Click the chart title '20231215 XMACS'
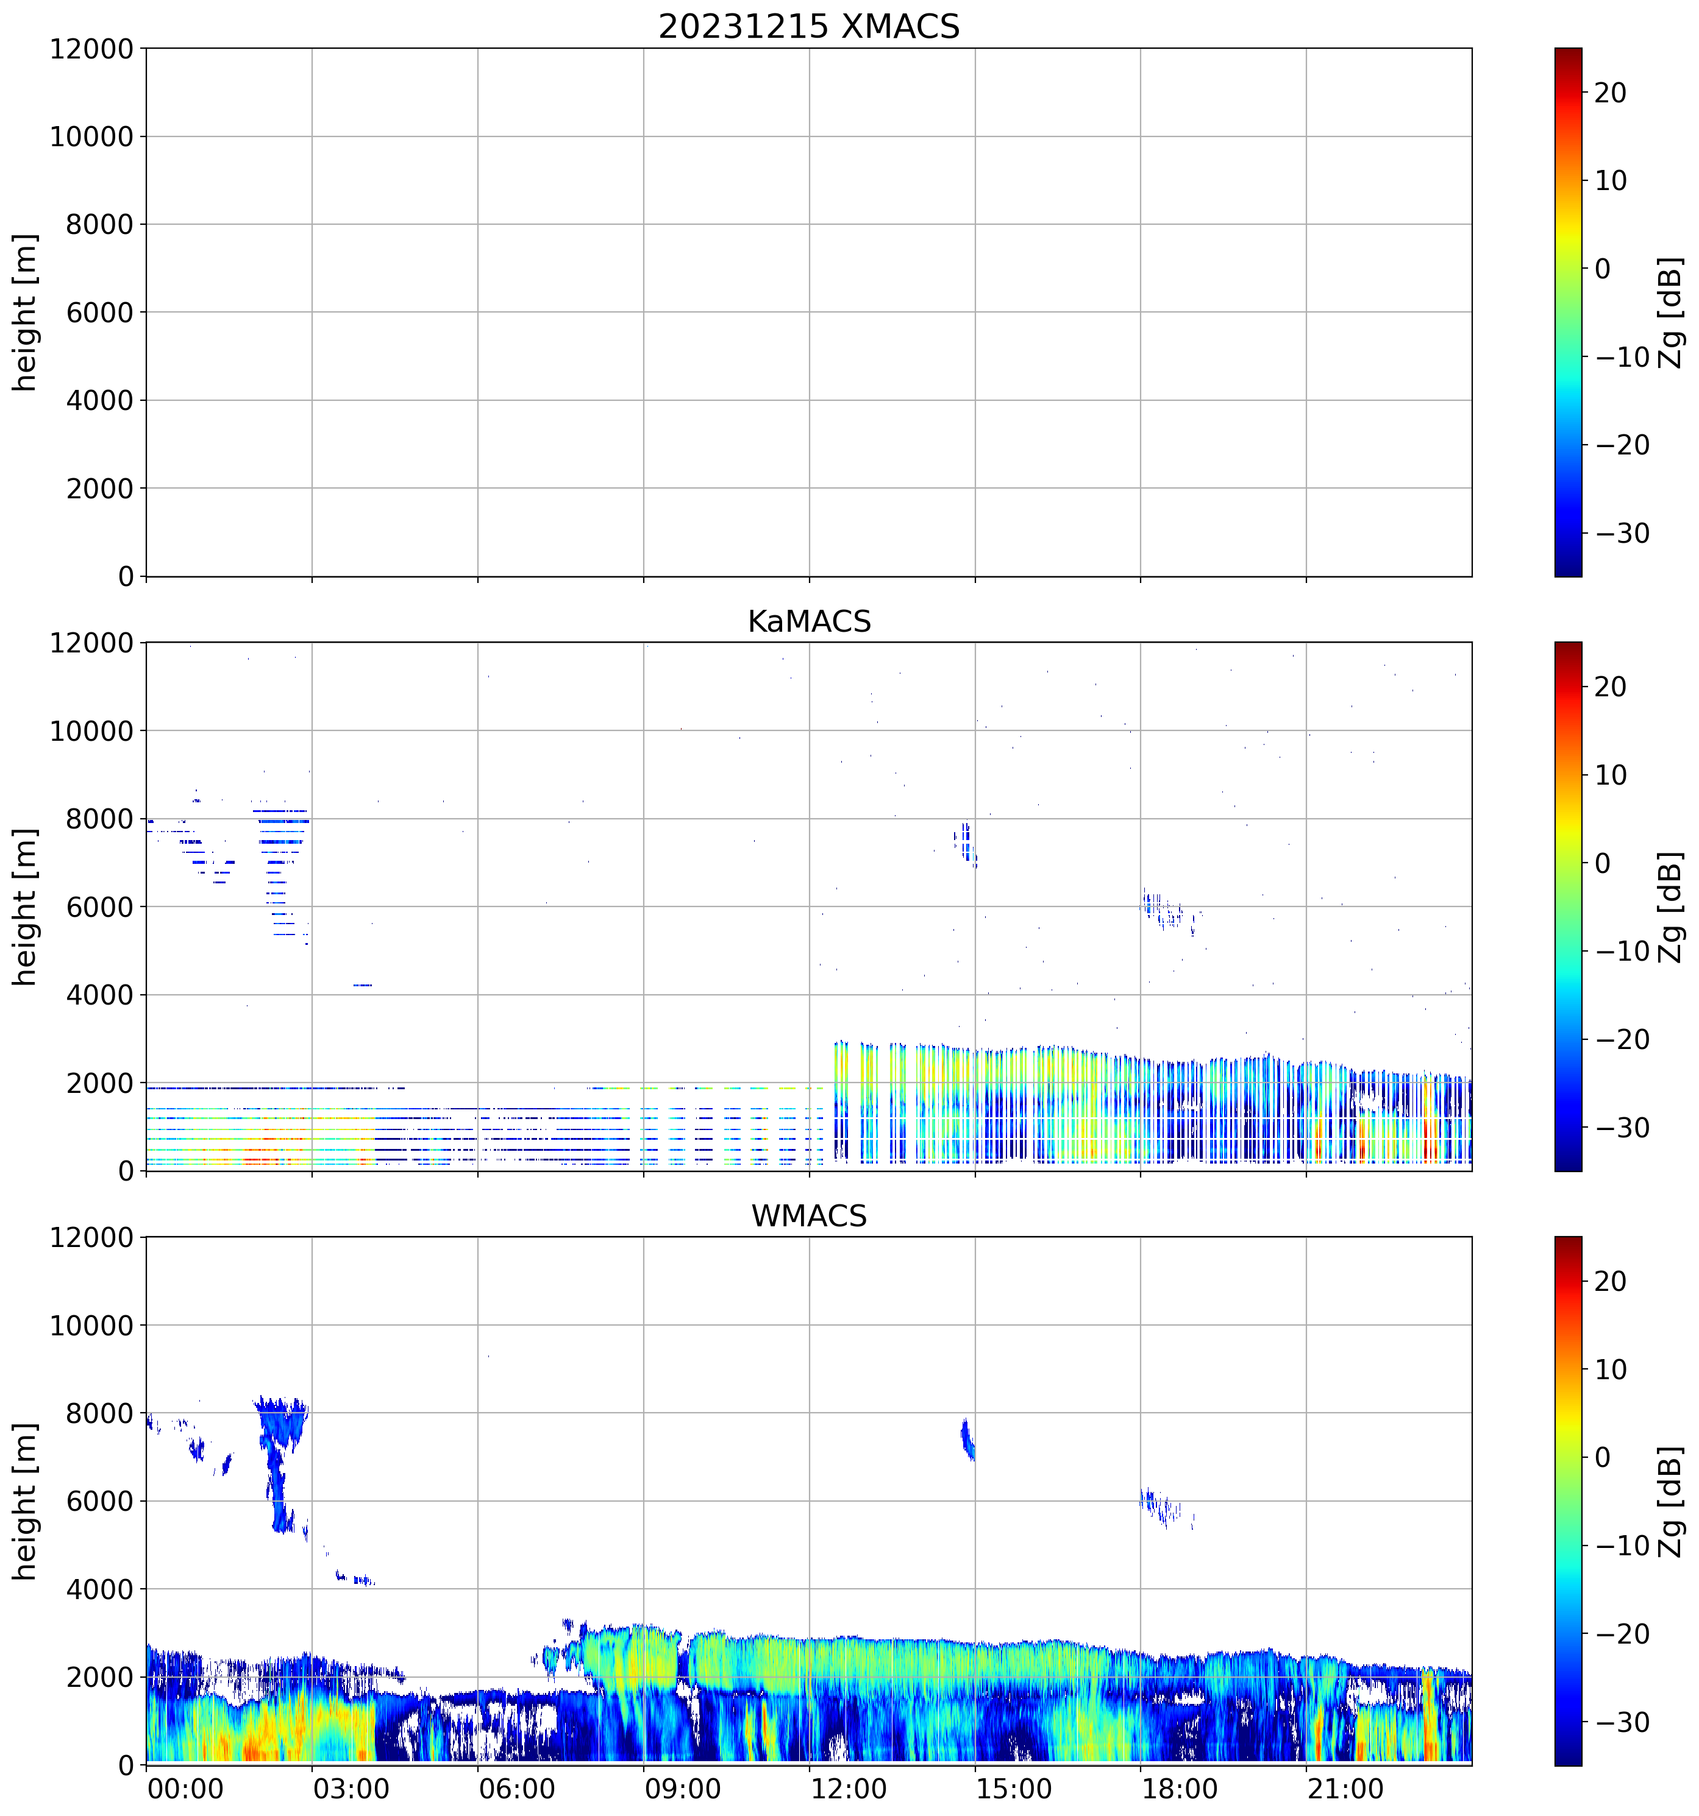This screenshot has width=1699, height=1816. click(x=809, y=26)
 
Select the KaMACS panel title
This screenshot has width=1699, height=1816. click(x=809, y=621)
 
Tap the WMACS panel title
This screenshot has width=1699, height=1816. click(x=809, y=1216)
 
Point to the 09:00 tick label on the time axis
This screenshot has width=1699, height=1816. click(x=682, y=1789)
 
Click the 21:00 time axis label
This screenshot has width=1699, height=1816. click(x=1344, y=1789)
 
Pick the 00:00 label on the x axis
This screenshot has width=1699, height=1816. click(x=185, y=1789)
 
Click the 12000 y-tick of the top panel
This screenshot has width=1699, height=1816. click(x=91, y=49)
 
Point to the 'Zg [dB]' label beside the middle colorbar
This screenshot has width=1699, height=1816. click(x=1670, y=907)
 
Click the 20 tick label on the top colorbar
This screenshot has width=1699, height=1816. click(x=1611, y=93)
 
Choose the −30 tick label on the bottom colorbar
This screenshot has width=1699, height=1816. click(x=1622, y=1723)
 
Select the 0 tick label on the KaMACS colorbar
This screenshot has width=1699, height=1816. click(x=1602, y=863)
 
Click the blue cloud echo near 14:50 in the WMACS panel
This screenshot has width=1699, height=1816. click(x=968, y=1440)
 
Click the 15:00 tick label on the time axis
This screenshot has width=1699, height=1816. click(x=1014, y=1789)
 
